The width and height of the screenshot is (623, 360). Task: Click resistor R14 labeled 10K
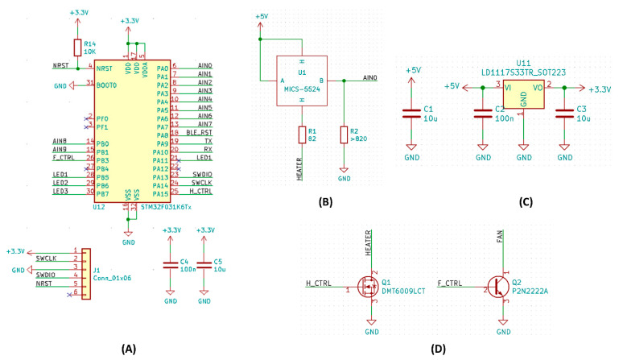(x=77, y=47)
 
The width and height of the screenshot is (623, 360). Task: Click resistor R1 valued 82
(x=303, y=134)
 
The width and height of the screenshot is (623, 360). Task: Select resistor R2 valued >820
(x=345, y=134)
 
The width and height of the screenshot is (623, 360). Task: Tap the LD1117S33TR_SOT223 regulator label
(x=523, y=72)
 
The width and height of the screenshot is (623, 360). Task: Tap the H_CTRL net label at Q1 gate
(x=320, y=283)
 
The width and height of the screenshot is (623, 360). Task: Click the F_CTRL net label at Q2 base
(x=449, y=283)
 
